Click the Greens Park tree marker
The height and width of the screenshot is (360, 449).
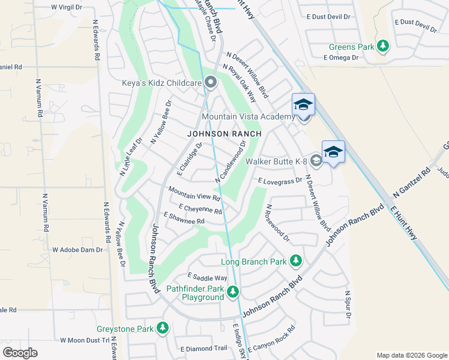point(382,46)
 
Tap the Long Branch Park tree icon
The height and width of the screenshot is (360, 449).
point(295,261)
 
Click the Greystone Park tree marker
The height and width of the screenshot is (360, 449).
point(162,328)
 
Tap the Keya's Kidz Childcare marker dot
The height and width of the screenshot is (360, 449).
point(210,82)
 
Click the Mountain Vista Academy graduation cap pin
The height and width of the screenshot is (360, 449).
point(303,105)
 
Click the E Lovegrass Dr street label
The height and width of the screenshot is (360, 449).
point(280,180)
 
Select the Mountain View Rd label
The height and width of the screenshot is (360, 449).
point(194,193)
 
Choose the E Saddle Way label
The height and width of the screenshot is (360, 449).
point(207,277)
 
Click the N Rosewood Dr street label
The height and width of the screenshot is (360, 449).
point(277,223)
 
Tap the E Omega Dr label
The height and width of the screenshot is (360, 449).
point(340,58)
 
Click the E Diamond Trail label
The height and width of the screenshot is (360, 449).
point(203,348)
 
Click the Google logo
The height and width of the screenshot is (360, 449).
point(20,353)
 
